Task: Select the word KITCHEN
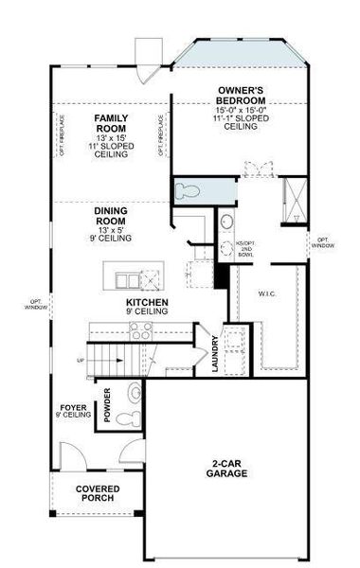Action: (148, 303)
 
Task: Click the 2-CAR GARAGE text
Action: (229, 469)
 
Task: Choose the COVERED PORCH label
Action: (98, 493)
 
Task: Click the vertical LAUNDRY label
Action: (216, 355)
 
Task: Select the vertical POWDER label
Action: (109, 405)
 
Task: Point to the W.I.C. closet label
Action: (266, 293)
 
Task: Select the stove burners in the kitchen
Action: (141, 330)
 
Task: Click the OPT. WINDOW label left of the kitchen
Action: (35, 305)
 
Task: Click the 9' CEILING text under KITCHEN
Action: (146, 311)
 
